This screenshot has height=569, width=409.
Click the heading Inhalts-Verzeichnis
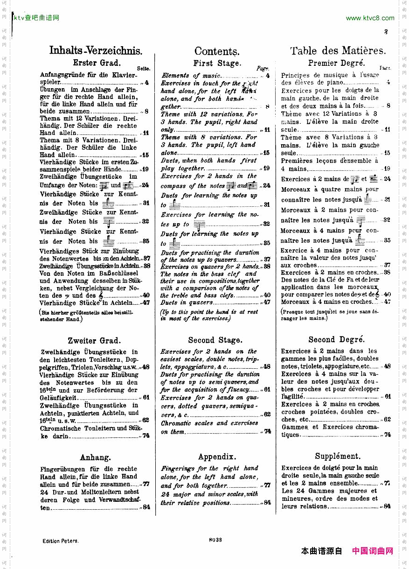coord(96,51)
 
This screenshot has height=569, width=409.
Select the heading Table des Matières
coord(338,51)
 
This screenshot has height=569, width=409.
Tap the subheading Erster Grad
coord(97,63)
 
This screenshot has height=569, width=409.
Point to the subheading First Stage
coord(217,63)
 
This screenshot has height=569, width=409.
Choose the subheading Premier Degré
coord(336,63)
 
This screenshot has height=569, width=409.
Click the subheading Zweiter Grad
coord(94,340)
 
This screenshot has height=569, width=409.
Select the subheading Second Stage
coord(215,340)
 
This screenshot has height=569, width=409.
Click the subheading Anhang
coord(95,457)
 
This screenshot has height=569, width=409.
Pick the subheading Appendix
coord(217,457)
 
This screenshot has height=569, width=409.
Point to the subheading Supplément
coord(338,456)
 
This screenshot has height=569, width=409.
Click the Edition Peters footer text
coord(60,541)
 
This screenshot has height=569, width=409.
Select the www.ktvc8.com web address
coord(370,18)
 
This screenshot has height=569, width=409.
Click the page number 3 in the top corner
coord(386,32)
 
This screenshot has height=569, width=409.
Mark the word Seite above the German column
coord(144,69)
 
